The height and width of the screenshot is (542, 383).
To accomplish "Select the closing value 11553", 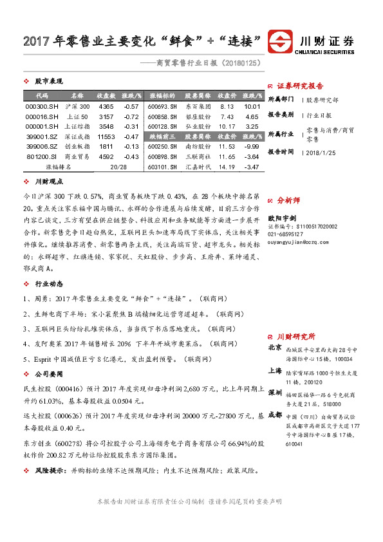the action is pos(106,136).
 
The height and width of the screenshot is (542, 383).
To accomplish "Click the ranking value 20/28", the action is pos(118,167).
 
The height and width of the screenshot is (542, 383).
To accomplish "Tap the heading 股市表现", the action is pos(49,82).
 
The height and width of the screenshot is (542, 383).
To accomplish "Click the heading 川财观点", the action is pos(49,182).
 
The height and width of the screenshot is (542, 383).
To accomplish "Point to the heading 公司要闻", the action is pos(49,373).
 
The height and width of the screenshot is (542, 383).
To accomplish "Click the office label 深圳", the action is pos(274,391).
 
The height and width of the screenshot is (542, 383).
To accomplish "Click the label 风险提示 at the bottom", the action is pos(51,471).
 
